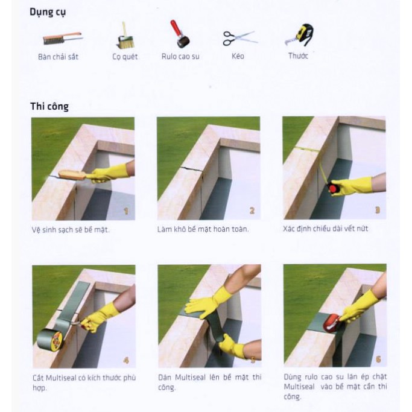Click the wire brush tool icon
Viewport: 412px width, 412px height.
pos(62,39)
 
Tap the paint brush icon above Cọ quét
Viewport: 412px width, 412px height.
pos(125,36)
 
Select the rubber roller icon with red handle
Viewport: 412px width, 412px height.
pos(180,34)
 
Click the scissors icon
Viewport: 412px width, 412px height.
pos(239,38)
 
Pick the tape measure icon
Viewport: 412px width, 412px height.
pos(300,34)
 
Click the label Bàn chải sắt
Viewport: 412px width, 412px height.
pos(58,57)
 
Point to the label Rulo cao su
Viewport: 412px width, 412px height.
pos(180,56)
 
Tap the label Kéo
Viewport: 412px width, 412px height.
pos(238,56)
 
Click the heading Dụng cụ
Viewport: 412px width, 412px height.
pos(48,12)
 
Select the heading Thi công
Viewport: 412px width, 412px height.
pos(49,106)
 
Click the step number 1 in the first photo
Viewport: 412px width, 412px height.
pos(126,211)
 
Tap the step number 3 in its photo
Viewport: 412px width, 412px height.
pos(378,210)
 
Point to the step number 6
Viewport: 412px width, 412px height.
pos(378,359)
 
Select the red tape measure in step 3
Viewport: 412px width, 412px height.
pos(332,188)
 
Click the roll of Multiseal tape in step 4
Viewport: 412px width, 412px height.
pos(50,339)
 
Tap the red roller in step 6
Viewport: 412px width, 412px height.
pos(332,323)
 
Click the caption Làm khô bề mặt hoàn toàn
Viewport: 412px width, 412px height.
pos(203,229)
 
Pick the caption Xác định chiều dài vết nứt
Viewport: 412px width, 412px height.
pos(325,229)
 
